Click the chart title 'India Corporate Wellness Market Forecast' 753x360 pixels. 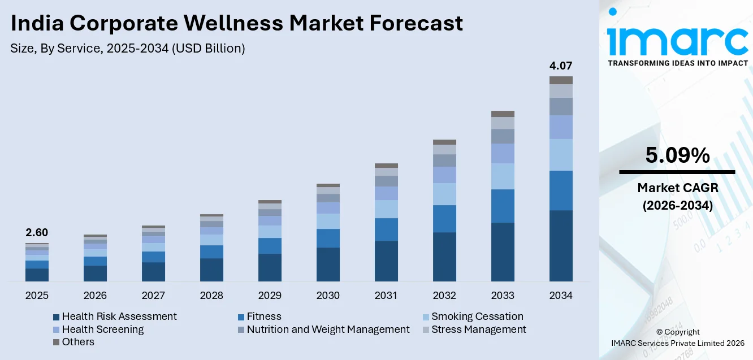pos(236,23)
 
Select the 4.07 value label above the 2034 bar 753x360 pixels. pos(561,66)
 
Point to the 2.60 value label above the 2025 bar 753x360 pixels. pos(37,232)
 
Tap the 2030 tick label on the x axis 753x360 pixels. pos(328,296)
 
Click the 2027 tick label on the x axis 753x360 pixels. pos(153,296)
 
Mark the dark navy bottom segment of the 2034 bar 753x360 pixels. pos(561,246)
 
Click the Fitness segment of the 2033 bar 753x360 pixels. pos(503,206)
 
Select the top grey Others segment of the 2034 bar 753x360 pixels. pos(561,80)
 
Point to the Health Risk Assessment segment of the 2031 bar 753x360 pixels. pos(386,261)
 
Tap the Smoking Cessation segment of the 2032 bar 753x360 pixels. pos(444,194)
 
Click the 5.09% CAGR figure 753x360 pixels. pos(677,155)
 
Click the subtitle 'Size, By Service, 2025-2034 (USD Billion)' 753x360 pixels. pos(128,49)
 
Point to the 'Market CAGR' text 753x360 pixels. pos(677,188)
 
